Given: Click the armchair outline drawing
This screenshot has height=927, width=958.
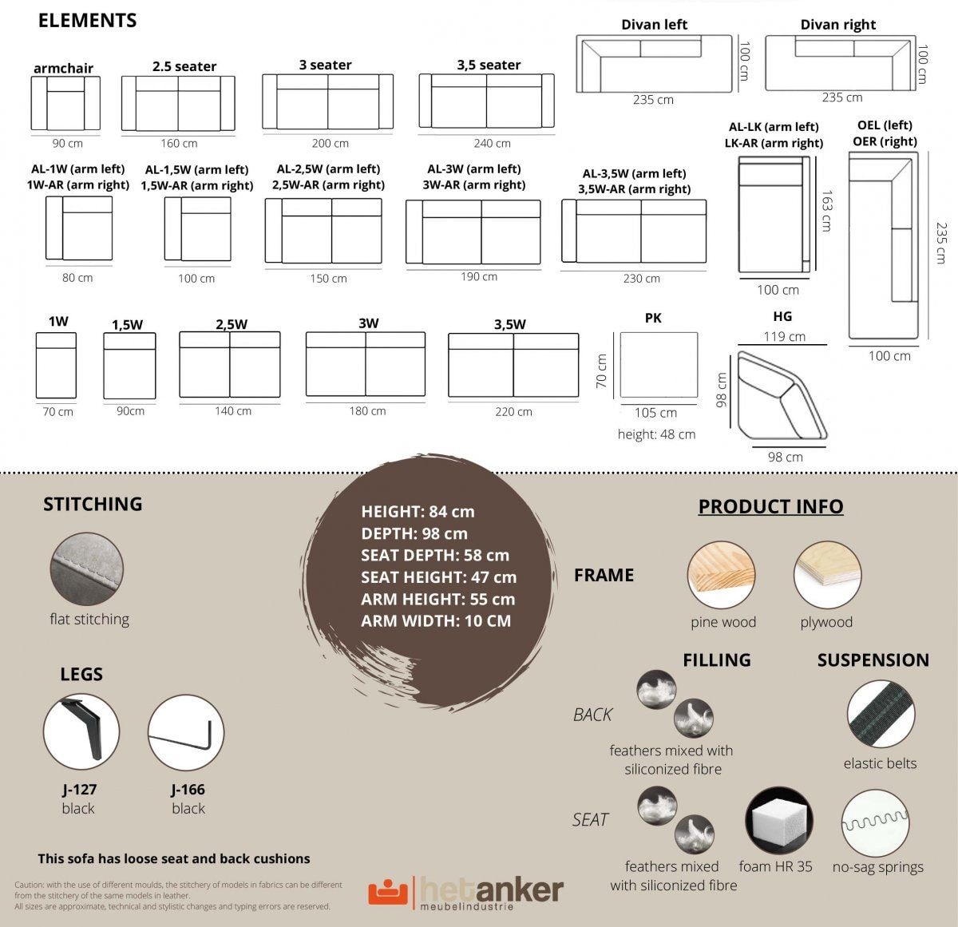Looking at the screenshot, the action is click(65, 103).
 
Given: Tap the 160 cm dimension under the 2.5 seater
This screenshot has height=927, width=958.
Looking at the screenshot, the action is click(179, 143).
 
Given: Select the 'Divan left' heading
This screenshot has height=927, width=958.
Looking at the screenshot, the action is click(654, 24).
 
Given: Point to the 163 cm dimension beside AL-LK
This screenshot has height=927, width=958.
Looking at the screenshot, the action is click(827, 211).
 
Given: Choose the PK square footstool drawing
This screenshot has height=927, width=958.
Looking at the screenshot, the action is click(659, 365).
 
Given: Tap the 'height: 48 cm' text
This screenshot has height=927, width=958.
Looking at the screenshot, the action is click(656, 434).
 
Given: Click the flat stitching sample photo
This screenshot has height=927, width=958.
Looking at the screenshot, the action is click(87, 569).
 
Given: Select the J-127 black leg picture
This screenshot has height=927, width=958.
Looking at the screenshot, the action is click(81, 731).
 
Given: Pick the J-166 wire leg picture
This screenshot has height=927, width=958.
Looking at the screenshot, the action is click(186, 732).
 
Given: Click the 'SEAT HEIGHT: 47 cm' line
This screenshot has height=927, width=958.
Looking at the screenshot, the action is click(438, 577).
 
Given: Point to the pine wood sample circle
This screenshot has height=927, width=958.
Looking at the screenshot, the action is click(721, 575).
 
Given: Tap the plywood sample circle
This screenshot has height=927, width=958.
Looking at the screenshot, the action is click(828, 575).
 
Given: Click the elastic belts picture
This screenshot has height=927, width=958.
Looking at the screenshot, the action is click(881, 714).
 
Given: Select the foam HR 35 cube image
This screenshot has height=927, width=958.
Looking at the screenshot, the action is click(779, 820).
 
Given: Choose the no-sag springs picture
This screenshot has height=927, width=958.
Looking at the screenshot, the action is click(875, 824).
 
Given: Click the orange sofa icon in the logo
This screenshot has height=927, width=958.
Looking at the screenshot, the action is click(388, 892).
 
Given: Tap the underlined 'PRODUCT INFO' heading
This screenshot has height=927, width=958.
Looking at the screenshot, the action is click(770, 506).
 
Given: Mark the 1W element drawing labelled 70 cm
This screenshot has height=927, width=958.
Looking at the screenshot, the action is click(56, 365).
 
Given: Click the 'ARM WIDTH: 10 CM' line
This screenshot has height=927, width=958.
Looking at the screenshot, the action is click(436, 620).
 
